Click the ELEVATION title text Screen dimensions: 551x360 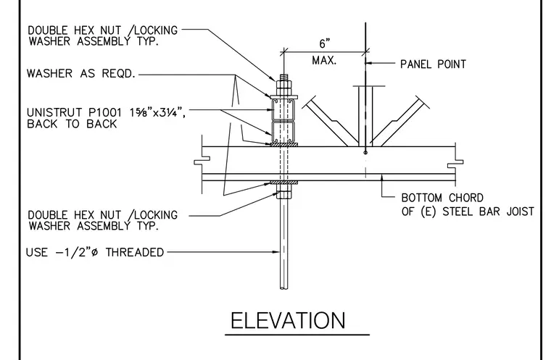pos(288,320)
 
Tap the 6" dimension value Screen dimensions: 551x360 pos(325,43)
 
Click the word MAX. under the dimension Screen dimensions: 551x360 pos(324,60)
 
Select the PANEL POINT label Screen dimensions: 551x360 pos(434,64)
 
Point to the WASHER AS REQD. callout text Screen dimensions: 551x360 pos(80,73)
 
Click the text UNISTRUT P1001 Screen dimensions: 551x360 pos(74,112)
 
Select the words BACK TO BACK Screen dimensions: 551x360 pos(72,124)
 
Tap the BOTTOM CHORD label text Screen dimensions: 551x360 pos(442,198)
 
